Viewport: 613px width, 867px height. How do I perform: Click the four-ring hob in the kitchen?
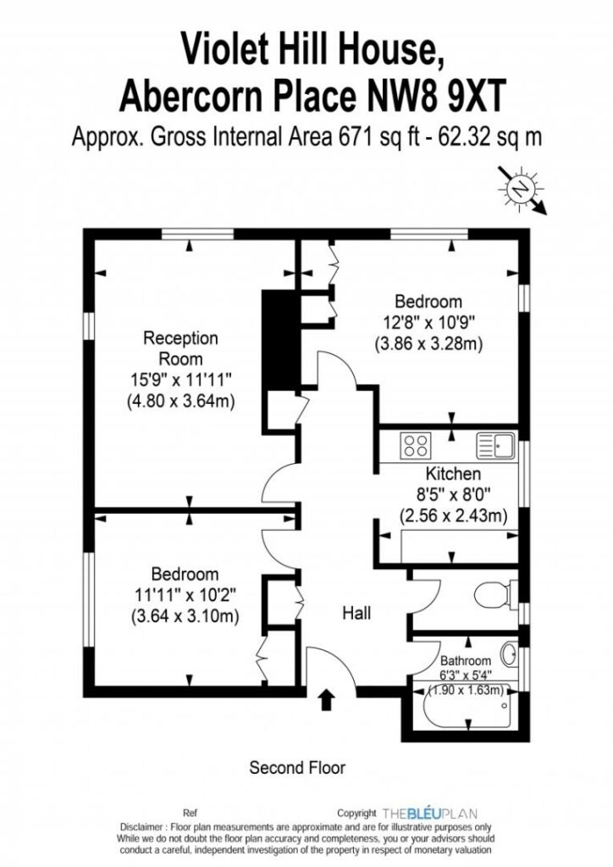point(416,445)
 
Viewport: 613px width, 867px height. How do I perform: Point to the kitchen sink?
point(496,445)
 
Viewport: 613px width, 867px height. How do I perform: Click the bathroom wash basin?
point(510,654)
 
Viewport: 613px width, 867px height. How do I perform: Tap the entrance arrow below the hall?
point(327,699)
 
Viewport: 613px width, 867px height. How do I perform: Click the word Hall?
point(356,613)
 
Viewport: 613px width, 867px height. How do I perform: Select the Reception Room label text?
point(180,348)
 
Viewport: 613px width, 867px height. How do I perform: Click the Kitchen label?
point(453,474)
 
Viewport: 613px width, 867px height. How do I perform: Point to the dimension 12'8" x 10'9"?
point(429,323)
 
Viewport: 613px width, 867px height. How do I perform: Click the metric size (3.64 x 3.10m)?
point(185,616)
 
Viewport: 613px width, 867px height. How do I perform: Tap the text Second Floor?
point(297,767)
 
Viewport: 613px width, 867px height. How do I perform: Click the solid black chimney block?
point(279,340)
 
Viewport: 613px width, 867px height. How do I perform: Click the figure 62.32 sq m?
point(489,136)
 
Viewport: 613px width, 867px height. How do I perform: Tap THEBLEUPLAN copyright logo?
point(429,814)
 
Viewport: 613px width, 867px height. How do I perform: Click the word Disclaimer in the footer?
point(141,827)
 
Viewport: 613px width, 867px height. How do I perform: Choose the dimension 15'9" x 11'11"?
point(180,379)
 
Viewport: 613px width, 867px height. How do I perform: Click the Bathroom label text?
point(466,660)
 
